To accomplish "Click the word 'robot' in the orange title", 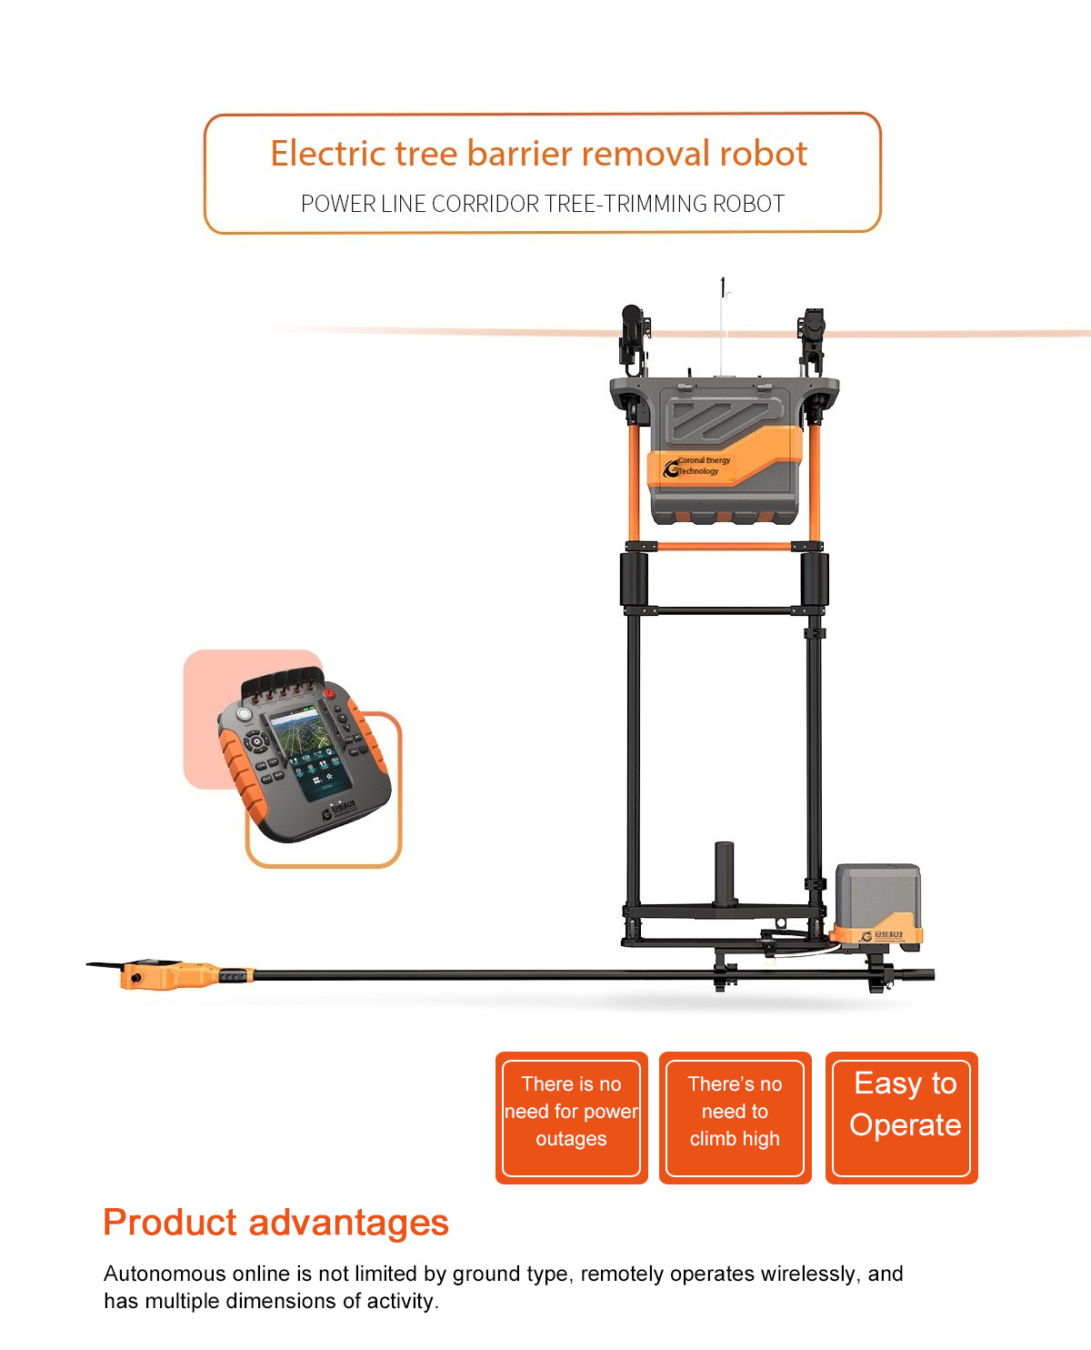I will [763, 154].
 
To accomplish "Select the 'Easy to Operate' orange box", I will [902, 1118].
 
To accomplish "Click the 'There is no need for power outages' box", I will [571, 1118].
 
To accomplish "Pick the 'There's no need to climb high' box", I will [735, 1118].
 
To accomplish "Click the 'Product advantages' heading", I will [275, 1223].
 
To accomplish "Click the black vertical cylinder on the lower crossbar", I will [724, 873].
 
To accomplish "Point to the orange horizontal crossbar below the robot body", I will [724, 547].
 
